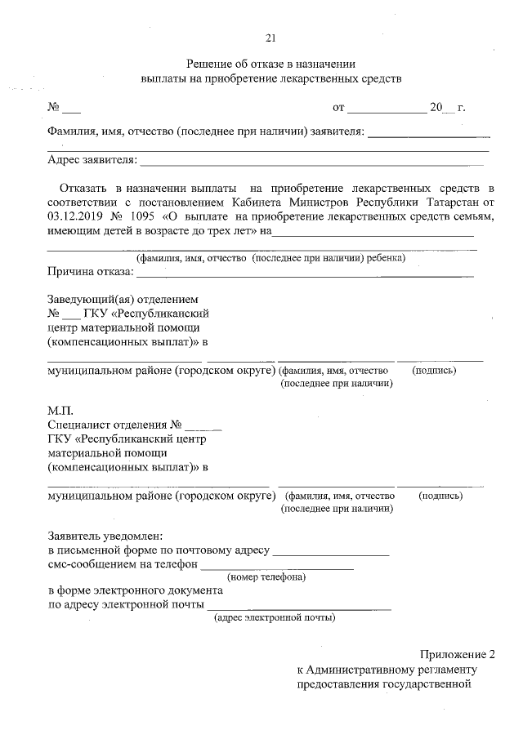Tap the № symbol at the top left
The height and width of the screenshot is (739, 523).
tap(54, 107)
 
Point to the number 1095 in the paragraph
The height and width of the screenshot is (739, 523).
tap(144, 216)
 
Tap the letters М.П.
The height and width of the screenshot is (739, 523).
tap(60, 412)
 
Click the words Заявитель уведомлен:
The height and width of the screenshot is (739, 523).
tap(105, 536)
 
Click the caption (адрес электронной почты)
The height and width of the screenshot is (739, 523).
tap(274, 618)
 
